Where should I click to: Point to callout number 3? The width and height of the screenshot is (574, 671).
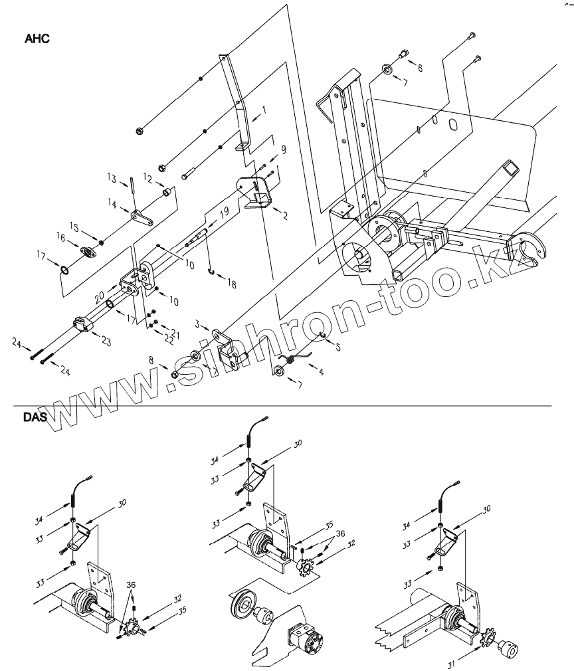197,323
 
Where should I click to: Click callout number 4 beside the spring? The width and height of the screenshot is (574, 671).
321,373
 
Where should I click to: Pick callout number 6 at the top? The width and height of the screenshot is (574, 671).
419,68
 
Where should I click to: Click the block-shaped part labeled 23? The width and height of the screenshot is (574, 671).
80,324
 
